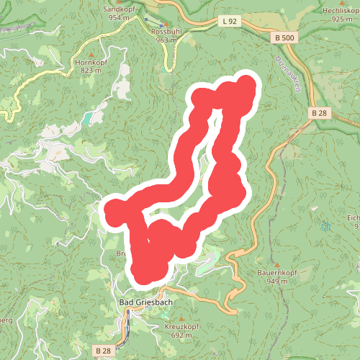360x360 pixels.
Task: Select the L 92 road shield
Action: pyautogui.click(x=230, y=22)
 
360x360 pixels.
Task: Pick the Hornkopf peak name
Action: pyautogui.click(x=91, y=63)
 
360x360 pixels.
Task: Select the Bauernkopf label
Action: pyautogui.click(x=277, y=273)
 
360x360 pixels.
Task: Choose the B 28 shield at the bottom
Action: pyautogui.click(x=102, y=350)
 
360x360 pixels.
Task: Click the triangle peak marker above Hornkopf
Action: pyautogui.click(x=91, y=54)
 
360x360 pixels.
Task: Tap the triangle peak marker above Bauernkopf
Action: pyautogui.click(x=276, y=264)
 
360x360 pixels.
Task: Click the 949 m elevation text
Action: pyautogui.click(x=278, y=282)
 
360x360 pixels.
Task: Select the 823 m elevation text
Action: pyautogui.click(x=91, y=71)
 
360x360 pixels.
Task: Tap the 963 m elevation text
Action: pyautogui.click(x=166, y=41)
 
